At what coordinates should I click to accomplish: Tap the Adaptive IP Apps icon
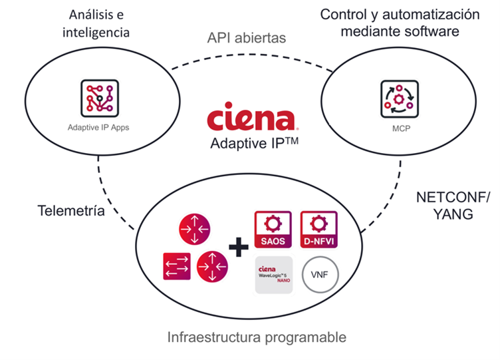click(x=98, y=99)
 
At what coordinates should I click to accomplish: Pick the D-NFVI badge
click(x=320, y=228)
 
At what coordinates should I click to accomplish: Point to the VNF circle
click(x=320, y=273)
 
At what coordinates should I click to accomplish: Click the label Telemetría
click(x=70, y=212)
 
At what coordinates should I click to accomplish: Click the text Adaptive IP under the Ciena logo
click(x=250, y=143)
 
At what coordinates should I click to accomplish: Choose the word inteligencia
click(x=98, y=32)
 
